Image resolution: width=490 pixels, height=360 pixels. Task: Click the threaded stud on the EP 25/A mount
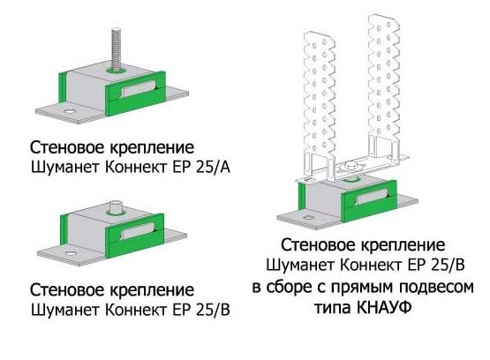pos(116,49)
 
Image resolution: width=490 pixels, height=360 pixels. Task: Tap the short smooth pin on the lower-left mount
pos(116,206)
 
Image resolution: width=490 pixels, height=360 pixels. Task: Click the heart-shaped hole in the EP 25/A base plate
pos(69,111)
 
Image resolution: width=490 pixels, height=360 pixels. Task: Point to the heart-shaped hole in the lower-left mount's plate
pos(70,252)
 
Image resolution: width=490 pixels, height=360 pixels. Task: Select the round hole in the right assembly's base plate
pos(308,217)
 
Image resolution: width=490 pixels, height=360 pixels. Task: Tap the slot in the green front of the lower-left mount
pos(135,232)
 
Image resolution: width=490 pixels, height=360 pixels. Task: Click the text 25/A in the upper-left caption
pos(213,168)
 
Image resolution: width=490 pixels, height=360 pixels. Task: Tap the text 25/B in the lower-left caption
pos(213,310)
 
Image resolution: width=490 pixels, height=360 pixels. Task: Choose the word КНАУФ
pos(383,308)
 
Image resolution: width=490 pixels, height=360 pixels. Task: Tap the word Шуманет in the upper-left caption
pos(66,168)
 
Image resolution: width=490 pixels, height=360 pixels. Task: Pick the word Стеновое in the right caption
pos(318,245)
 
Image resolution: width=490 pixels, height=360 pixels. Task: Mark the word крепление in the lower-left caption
pos(152,290)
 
